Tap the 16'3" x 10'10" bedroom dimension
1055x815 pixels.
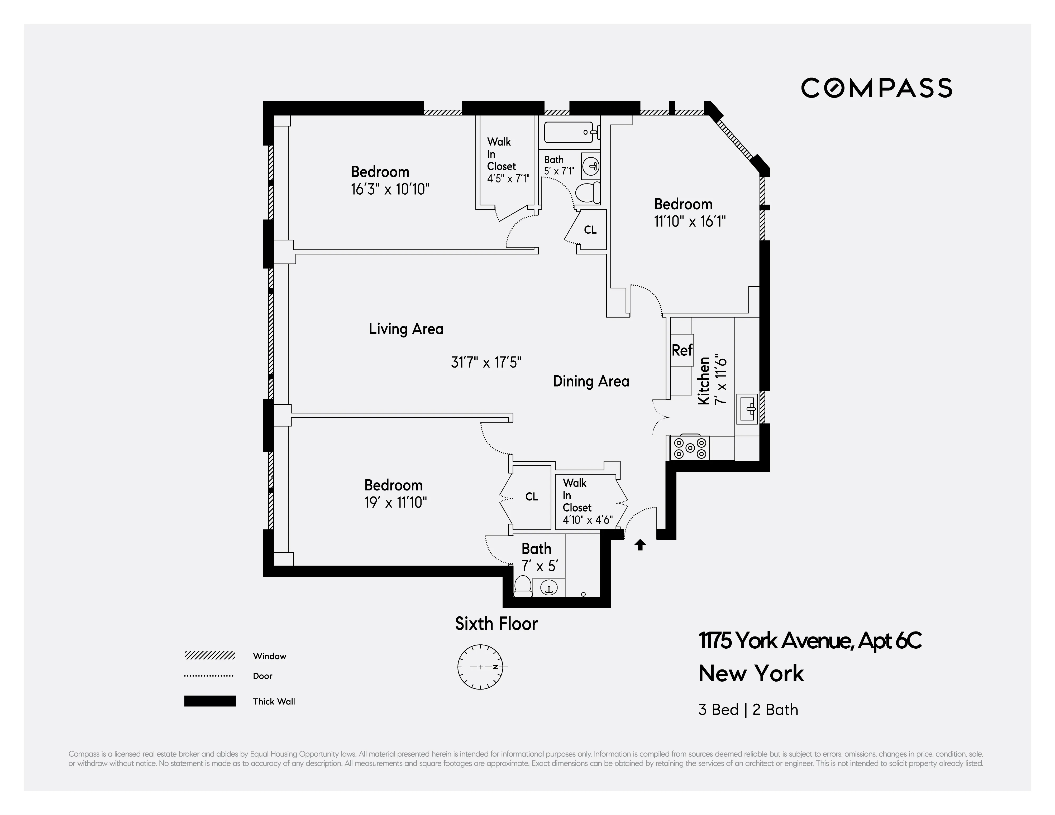click(390, 189)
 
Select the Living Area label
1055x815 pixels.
click(406, 329)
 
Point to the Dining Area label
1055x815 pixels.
click(591, 382)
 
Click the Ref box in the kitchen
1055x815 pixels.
click(682, 350)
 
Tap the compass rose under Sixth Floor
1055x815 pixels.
click(481, 667)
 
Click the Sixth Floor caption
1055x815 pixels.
click(496, 624)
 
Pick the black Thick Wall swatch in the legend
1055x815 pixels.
click(210, 701)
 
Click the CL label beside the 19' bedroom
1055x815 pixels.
click(531, 497)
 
